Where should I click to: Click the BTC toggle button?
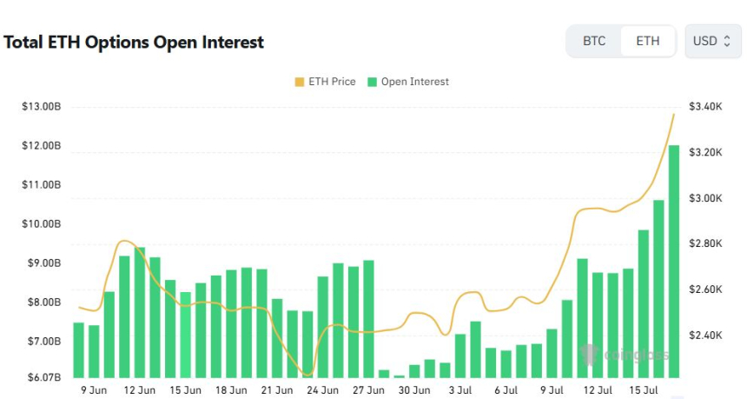pyautogui.click(x=594, y=41)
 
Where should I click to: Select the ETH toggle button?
pyautogui.click(x=647, y=41)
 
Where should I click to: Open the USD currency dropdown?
pyautogui.click(x=713, y=41)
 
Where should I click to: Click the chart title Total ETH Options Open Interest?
pyautogui.click(x=134, y=42)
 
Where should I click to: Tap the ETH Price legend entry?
pyautogui.click(x=326, y=82)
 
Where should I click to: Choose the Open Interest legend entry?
pyautogui.click(x=408, y=82)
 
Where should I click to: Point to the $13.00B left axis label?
pyautogui.click(x=41, y=106)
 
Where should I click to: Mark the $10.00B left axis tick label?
pyautogui.click(x=41, y=223)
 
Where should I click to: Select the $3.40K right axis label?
pyautogui.click(x=705, y=106)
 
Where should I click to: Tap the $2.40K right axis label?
pyautogui.click(x=705, y=335)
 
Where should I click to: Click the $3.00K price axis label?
pyautogui.click(x=705, y=198)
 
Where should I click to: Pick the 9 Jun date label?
pyautogui.click(x=95, y=390)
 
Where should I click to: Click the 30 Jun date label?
pyautogui.click(x=415, y=390)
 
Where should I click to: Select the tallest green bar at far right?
pyautogui.click(x=674, y=261)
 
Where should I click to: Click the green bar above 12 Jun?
pyautogui.click(x=139, y=313)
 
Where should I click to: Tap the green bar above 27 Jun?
pyautogui.click(x=368, y=318)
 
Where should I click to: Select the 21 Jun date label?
pyautogui.click(x=277, y=390)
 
